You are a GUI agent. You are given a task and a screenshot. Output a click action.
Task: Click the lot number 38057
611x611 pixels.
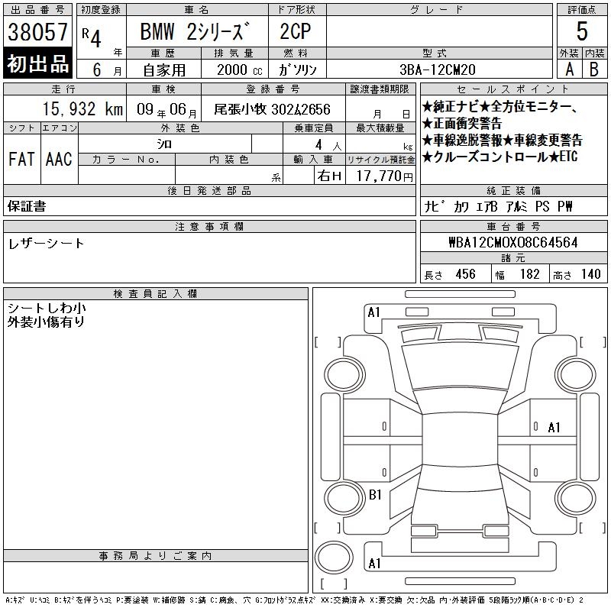(x=37, y=31)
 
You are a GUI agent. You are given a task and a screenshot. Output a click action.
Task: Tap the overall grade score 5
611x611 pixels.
(x=582, y=31)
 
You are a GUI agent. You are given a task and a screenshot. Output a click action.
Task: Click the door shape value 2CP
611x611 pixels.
(x=296, y=31)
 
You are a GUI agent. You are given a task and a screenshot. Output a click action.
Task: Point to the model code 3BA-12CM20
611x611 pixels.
(x=438, y=70)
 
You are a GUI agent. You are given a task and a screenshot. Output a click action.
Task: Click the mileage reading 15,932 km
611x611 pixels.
(x=82, y=109)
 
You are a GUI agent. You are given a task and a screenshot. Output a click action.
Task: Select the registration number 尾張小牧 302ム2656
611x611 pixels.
(x=273, y=109)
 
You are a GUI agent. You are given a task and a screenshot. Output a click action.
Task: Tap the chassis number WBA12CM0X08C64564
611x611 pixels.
(x=513, y=242)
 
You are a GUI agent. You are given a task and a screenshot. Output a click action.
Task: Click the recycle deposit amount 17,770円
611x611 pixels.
(x=385, y=176)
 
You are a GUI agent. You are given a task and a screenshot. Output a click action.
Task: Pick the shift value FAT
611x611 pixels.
(x=21, y=159)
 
